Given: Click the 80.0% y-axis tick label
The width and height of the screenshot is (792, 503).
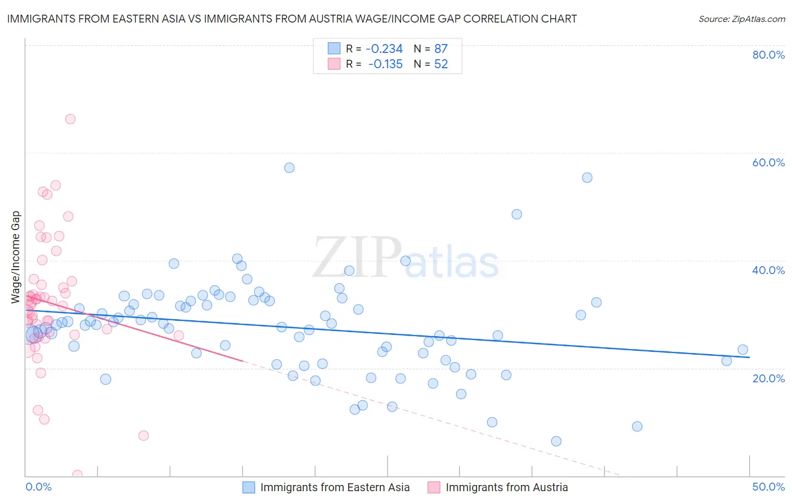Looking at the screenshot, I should point(768,55).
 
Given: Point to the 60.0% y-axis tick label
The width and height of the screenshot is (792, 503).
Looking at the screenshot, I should point(768,162).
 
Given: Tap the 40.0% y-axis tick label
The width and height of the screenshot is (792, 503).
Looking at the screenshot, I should point(768,270).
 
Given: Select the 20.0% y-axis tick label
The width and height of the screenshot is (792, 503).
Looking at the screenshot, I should point(768,378).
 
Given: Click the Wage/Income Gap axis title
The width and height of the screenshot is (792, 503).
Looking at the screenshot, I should point(16,257).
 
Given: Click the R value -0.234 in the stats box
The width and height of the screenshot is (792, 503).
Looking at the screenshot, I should point(384,48).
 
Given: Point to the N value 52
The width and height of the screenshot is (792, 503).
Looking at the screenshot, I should point(441,64).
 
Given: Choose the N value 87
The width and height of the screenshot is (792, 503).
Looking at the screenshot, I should point(441,48).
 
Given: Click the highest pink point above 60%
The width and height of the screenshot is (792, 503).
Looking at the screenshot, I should point(70,119).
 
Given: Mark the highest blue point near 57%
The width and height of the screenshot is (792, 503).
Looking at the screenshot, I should point(289,167).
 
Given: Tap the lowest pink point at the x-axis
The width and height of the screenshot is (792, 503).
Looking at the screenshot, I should point(77,475).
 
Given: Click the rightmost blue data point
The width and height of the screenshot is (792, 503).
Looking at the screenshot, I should point(743,350).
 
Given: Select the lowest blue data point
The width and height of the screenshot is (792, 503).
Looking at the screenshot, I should point(556,441).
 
